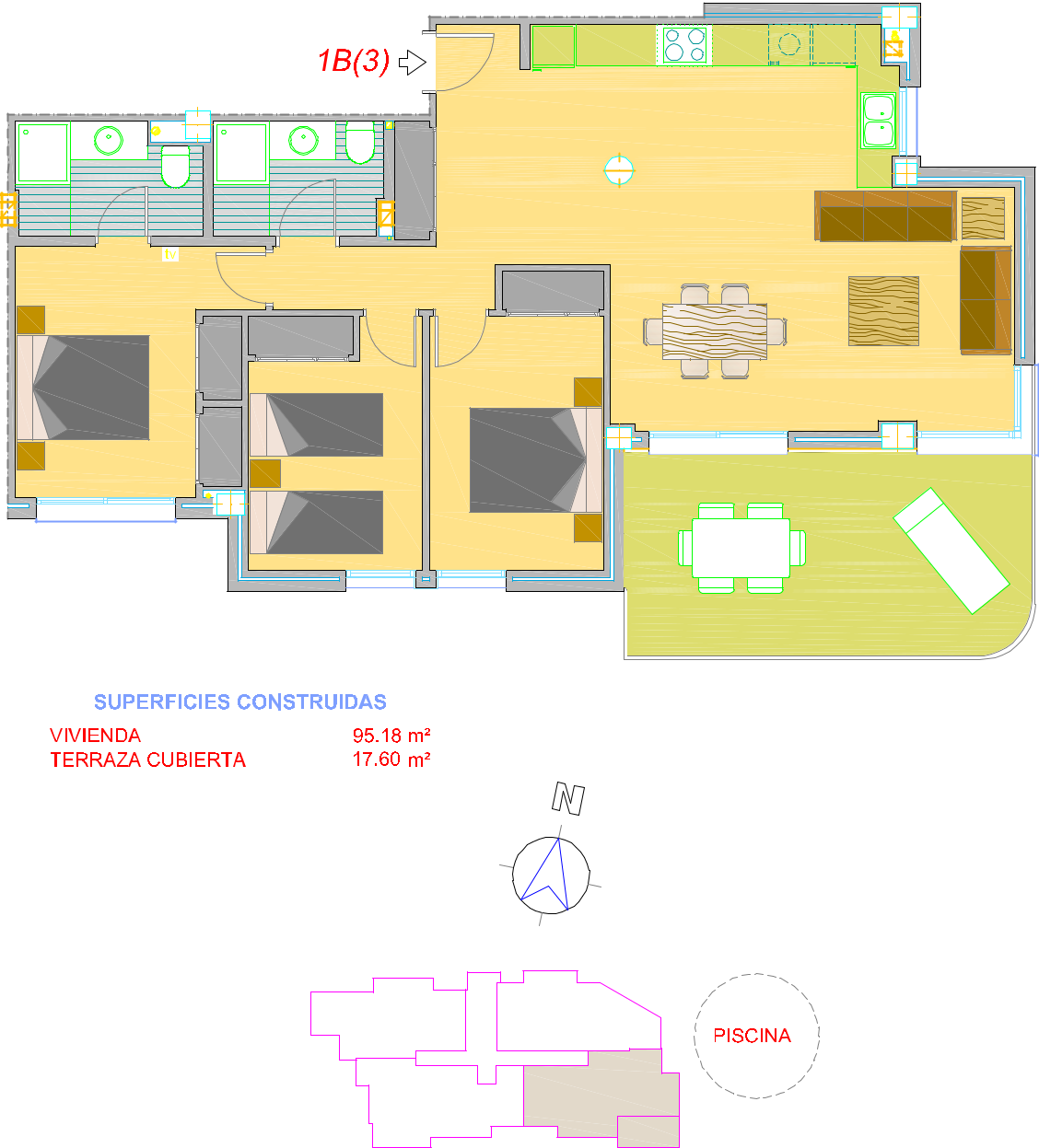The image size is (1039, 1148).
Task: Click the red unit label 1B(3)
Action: coord(354,62)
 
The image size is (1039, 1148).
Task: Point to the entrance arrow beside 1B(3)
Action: coord(413,63)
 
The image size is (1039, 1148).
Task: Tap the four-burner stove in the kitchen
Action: coord(684,44)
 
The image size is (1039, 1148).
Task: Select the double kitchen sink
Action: coord(878,121)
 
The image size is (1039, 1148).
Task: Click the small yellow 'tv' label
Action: coord(170,253)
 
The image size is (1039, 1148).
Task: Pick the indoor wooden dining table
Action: coord(714,331)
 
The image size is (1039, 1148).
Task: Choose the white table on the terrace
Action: coord(741,548)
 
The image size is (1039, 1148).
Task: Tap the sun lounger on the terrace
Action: coord(951,550)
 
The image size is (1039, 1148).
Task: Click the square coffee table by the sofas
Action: coord(883,311)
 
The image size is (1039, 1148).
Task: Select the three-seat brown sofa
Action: coord(885,215)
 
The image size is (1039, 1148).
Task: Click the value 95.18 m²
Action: coord(391,735)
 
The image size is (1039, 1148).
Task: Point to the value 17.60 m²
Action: coord(391,760)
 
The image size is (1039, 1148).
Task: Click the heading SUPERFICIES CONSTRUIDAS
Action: coord(240,702)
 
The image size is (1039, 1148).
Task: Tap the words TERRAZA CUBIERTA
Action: coord(147,760)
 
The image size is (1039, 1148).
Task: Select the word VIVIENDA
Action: coord(95,735)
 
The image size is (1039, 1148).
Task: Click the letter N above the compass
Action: coord(567,798)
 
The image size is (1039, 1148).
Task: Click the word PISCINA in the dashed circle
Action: coord(752,1036)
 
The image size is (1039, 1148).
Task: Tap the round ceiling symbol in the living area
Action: coord(619,170)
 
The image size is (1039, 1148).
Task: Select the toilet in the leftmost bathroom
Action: coord(175,166)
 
